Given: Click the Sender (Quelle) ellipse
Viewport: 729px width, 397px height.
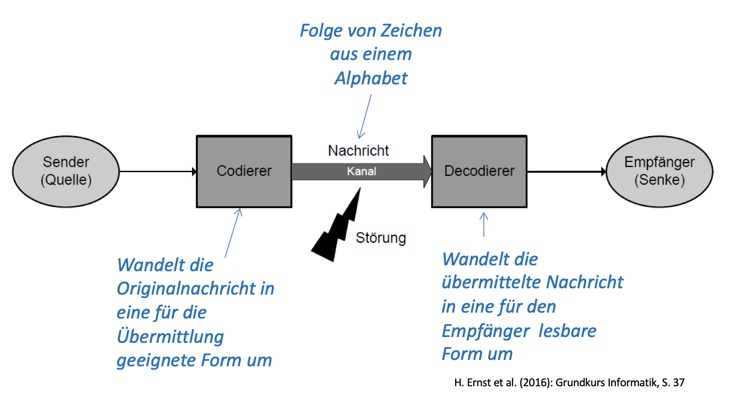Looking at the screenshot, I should pos(66,171).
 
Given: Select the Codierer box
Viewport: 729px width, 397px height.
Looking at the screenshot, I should pos(244,171).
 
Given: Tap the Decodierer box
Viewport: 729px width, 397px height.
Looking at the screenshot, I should pos(479,171).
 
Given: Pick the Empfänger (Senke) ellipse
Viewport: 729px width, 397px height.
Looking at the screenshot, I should pos(659,171).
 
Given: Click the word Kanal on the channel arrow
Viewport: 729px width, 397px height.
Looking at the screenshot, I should pos(362,172).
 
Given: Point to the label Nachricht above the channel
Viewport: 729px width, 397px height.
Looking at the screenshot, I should pos(358,151).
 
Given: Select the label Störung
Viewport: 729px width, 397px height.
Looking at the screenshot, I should pos(381,238).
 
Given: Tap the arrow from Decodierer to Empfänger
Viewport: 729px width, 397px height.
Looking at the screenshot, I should pos(565,172).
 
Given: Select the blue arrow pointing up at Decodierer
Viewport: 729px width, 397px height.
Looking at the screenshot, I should pos(484,224).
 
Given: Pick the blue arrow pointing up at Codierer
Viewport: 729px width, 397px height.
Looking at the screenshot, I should pos(233,233).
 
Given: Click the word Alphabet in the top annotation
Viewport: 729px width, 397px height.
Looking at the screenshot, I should pos(371,78).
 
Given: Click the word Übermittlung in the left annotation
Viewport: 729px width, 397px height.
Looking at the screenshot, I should pos(170,337).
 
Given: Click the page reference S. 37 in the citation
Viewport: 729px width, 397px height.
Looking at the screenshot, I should pos(672,383).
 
